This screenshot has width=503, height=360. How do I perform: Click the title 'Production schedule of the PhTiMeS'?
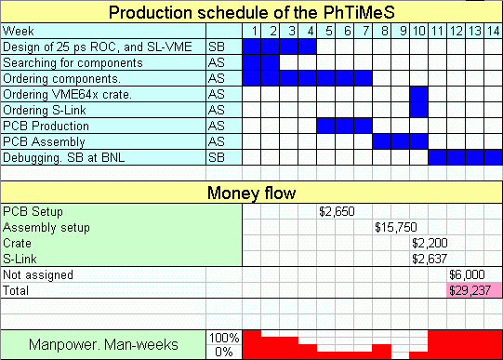click(251, 12)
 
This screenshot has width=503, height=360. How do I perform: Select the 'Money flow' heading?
click(251, 193)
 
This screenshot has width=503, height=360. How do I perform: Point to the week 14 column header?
click(493, 31)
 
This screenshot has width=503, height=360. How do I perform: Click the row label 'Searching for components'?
click(73, 62)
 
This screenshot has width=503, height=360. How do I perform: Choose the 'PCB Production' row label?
click(46, 126)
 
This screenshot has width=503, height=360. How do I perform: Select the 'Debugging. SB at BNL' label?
click(64, 157)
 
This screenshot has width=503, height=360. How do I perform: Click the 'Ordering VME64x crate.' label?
click(67, 94)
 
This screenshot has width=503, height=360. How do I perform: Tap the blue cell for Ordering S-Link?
click(418, 110)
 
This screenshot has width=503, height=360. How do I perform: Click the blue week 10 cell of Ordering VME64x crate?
click(418, 94)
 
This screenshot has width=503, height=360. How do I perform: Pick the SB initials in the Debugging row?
click(217, 157)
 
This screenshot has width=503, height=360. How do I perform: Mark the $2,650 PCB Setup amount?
click(337, 211)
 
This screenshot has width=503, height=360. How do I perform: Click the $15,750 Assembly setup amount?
click(396, 228)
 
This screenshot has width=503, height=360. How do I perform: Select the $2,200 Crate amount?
click(430, 243)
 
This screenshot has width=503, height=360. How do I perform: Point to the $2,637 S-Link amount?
click(430, 259)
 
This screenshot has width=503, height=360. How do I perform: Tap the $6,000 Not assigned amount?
click(467, 274)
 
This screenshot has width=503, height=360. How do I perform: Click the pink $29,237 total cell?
click(474, 290)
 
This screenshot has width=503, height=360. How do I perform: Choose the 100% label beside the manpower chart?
click(224, 338)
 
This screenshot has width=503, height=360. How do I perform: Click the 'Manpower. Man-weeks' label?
click(103, 344)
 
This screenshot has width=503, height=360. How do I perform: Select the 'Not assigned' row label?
click(38, 274)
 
